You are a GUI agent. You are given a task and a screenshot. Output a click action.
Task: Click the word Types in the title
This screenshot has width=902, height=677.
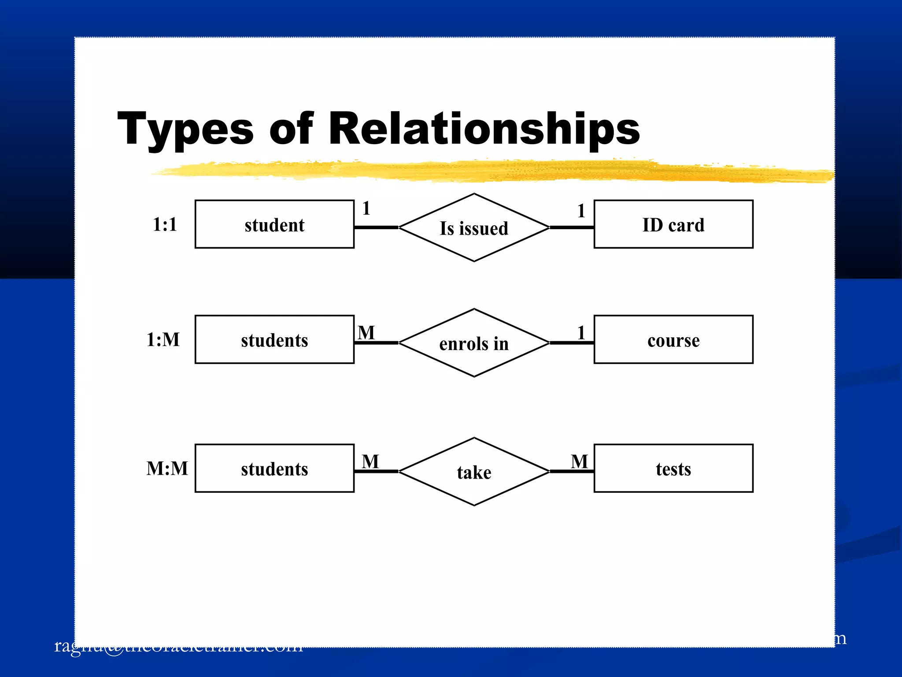[x=185, y=129]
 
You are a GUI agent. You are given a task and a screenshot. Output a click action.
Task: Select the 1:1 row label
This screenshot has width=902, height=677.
[x=165, y=224]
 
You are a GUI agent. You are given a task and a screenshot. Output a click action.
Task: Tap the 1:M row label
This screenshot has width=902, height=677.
[x=163, y=340]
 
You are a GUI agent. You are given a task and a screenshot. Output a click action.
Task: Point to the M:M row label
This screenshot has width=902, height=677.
[x=167, y=469]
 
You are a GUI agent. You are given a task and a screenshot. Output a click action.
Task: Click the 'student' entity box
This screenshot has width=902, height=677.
[x=274, y=224]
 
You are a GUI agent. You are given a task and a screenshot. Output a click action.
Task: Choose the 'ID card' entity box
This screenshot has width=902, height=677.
[x=673, y=224]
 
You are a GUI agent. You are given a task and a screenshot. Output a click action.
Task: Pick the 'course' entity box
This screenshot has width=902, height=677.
[x=673, y=340]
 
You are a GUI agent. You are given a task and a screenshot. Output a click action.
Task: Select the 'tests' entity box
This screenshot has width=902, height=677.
[x=673, y=469]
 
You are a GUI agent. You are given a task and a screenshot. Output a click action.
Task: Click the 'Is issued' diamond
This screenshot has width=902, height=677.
[x=474, y=228]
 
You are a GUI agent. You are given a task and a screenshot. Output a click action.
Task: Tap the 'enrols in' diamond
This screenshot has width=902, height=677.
[x=474, y=343]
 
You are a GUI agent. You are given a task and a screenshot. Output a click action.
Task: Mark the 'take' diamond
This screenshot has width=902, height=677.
[x=474, y=472]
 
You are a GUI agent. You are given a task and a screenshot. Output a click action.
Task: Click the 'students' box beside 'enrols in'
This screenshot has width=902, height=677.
[x=274, y=340]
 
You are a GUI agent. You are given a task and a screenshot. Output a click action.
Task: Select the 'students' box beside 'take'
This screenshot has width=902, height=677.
[x=274, y=469]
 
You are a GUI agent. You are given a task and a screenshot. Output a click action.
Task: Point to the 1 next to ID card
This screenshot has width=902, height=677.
[x=581, y=211]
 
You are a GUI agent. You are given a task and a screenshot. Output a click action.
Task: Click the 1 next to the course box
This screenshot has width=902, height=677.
[x=581, y=333]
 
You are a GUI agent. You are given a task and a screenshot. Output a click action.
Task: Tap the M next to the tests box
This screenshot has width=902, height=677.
[x=579, y=461]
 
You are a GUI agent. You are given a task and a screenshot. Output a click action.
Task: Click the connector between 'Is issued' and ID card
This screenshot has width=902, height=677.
[x=572, y=227]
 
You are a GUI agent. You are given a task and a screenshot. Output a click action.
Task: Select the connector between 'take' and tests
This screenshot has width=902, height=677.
[x=572, y=471]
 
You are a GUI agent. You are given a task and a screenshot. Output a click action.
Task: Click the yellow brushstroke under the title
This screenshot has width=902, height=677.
[x=484, y=171]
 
